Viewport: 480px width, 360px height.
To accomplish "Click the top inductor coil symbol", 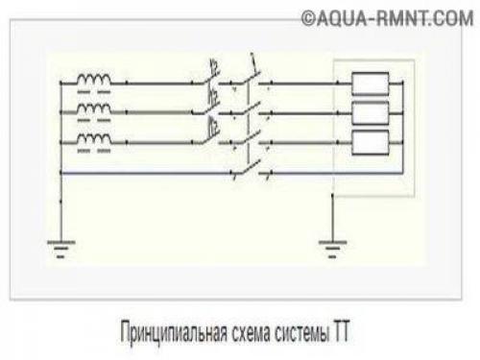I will click(94, 79).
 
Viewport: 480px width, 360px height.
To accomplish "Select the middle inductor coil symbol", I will click(94, 111).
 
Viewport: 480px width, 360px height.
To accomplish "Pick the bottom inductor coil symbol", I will click(94, 142).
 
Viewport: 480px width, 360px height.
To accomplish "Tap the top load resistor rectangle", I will click(370, 83).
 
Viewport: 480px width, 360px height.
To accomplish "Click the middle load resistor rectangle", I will click(370, 113).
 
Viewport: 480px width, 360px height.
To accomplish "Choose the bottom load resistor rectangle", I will click(370, 144).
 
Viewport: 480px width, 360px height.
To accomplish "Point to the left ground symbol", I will click(60, 247).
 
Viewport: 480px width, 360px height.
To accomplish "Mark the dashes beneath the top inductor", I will click(94, 92).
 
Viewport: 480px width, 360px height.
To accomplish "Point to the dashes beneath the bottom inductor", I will click(94, 154).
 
